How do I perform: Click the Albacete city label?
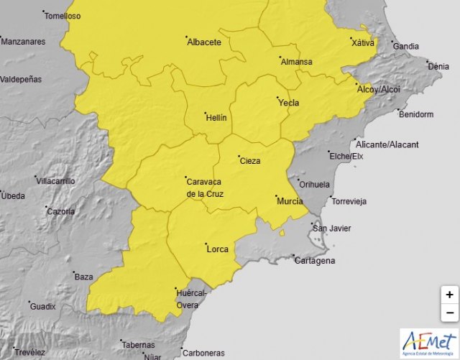[x=204, y=42]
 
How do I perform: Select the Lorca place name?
[x=217, y=249]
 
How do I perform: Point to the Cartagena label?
[x=315, y=260]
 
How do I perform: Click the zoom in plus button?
[x=449, y=295]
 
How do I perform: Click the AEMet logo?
[x=429, y=343]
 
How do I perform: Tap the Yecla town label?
[x=288, y=103]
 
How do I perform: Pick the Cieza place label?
[x=250, y=161]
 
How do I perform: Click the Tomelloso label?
[x=63, y=16]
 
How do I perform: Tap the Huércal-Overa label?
[x=190, y=299]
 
